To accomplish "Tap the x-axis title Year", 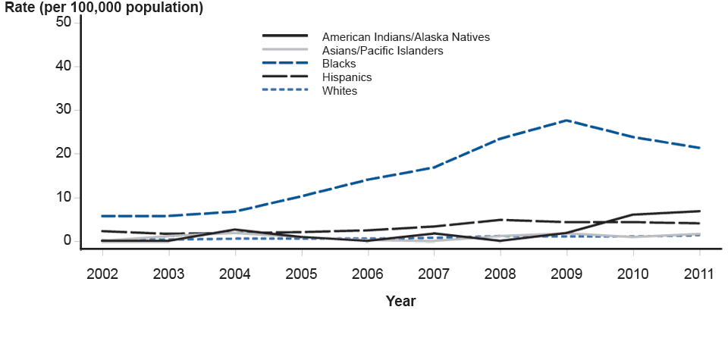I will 400,302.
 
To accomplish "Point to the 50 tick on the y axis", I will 64,22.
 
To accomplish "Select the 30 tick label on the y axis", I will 64,110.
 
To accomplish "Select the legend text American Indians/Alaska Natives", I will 406,36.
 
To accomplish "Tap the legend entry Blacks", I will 338,64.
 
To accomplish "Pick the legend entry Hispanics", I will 347,77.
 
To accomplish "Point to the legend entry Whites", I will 339,91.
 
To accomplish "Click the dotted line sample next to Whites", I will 285,91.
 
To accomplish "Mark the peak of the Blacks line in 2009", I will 566,120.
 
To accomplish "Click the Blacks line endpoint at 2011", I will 699,148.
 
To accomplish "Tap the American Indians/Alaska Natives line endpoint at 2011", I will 699,211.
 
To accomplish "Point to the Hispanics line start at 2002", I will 102,231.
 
